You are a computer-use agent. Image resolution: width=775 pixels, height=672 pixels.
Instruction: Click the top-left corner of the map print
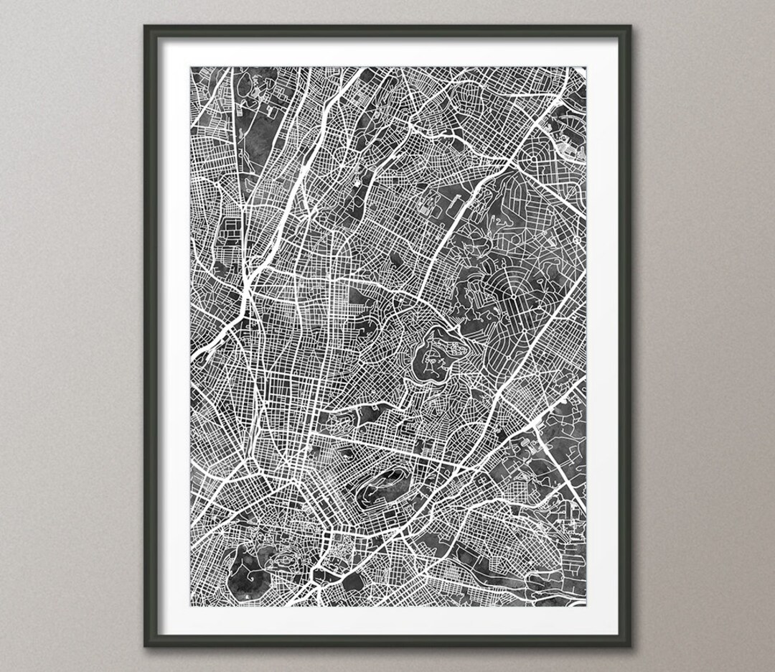click(x=191, y=67)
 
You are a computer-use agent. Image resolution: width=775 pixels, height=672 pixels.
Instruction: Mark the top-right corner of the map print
click(x=586, y=67)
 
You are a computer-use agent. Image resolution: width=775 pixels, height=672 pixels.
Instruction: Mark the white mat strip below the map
click(x=387, y=620)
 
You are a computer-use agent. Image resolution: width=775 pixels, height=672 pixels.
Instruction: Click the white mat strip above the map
click(x=387, y=52)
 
